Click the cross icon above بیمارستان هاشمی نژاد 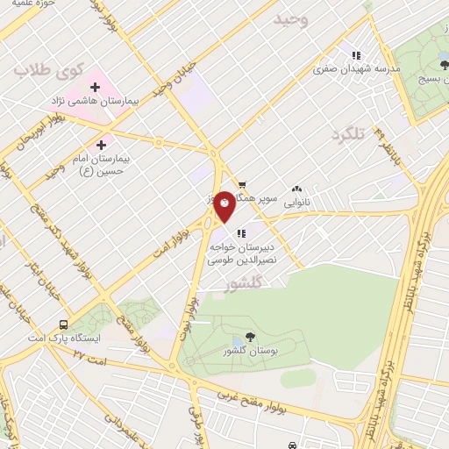[96, 88]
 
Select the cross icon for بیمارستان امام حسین [102, 144]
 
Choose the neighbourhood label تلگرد [346, 134]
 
